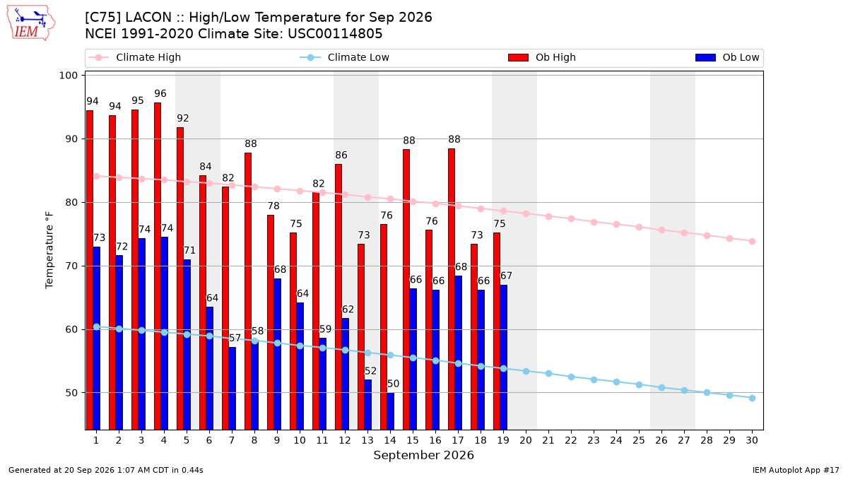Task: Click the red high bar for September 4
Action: point(158,266)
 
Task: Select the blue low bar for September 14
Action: point(390,411)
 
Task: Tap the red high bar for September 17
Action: point(452,289)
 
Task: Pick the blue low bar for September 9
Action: point(277,354)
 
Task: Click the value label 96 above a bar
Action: point(160,93)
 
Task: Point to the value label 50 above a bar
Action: point(393,384)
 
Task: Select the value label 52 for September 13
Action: point(370,371)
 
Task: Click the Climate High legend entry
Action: point(134,57)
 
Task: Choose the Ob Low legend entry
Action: point(727,57)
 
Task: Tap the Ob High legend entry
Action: point(542,57)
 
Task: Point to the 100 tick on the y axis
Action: point(68,76)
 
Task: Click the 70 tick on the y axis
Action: point(71,266)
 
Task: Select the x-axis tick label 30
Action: point(752,440)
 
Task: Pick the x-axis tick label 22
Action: point(571,440)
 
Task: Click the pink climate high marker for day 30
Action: point(752,241)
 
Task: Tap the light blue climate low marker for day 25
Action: point(639,384)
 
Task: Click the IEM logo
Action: point(31,23)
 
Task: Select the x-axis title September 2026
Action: point(423,455)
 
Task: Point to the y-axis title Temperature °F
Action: point(49,250)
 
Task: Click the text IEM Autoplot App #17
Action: point(796,470)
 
